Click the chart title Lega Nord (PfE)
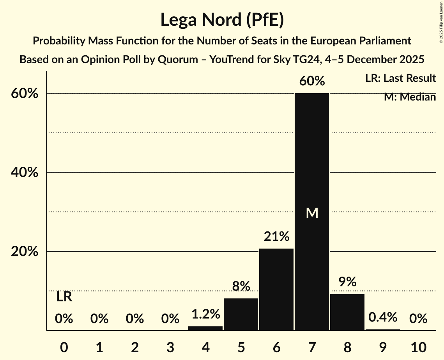coord(222,19)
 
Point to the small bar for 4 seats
coord(205,328)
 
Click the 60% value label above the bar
coord(312,81)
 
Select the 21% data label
coord(276,236)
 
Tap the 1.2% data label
coord(205,314)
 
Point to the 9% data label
coord(347,282)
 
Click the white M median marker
coord(312,213)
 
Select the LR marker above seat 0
coord(64,297)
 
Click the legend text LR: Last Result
coord(400,78)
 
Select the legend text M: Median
coord(410,97)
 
